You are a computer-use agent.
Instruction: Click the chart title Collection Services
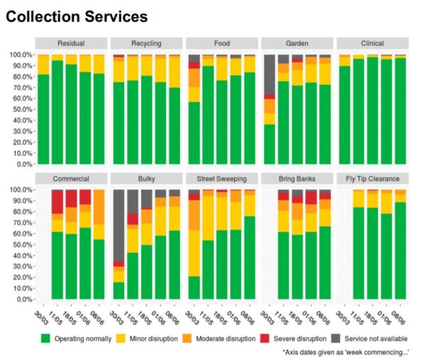(x=77, y=16)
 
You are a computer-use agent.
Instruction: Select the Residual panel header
(x=71, y=43)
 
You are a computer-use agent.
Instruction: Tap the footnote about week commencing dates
(x=346, y=352)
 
